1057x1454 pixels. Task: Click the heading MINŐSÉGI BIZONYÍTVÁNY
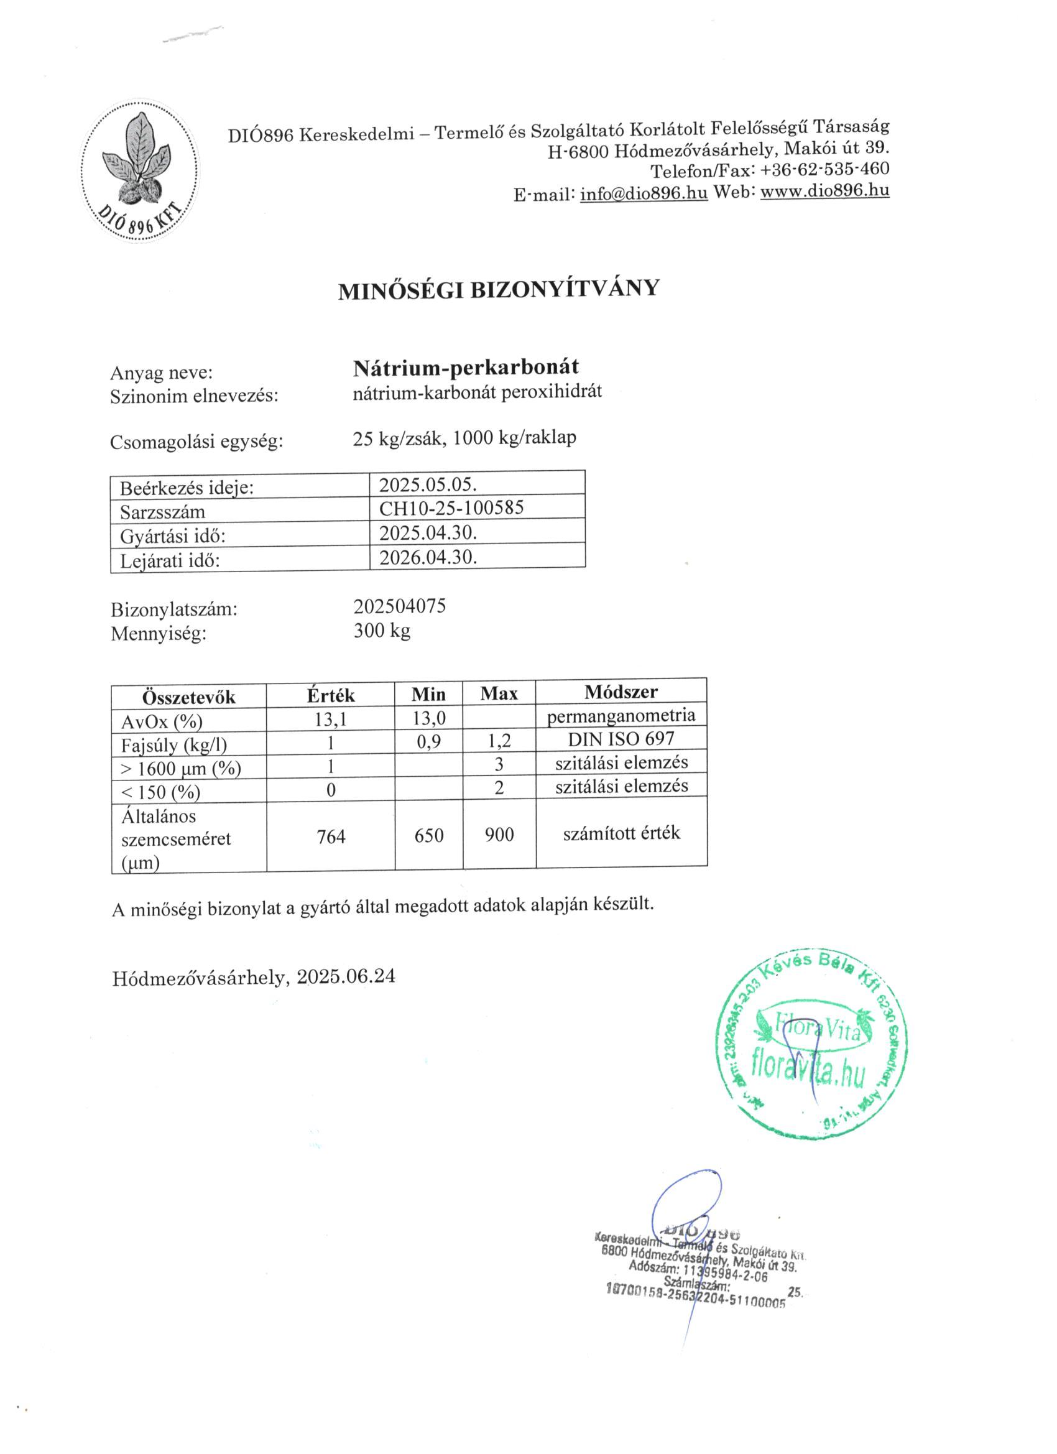tap(498, 289)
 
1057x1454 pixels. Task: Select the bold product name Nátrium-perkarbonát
tap(466, 367)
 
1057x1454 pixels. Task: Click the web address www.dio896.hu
tap(824, 190)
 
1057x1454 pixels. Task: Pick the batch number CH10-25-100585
tap(451, 507)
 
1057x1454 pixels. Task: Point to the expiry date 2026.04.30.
tap(428, 556)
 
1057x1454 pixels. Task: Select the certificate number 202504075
tap(399, 606)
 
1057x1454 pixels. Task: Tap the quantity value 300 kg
tap(382, 631)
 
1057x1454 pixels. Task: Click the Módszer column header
tap(621, 692)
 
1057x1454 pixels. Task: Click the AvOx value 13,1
tap(330, 720)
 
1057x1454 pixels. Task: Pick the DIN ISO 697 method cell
tap(621, 739)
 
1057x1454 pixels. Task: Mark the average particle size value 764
tap(331, 836)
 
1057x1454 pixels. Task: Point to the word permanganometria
tap(621, 715)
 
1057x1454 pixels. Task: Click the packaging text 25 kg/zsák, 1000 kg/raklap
tap(464, 438)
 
